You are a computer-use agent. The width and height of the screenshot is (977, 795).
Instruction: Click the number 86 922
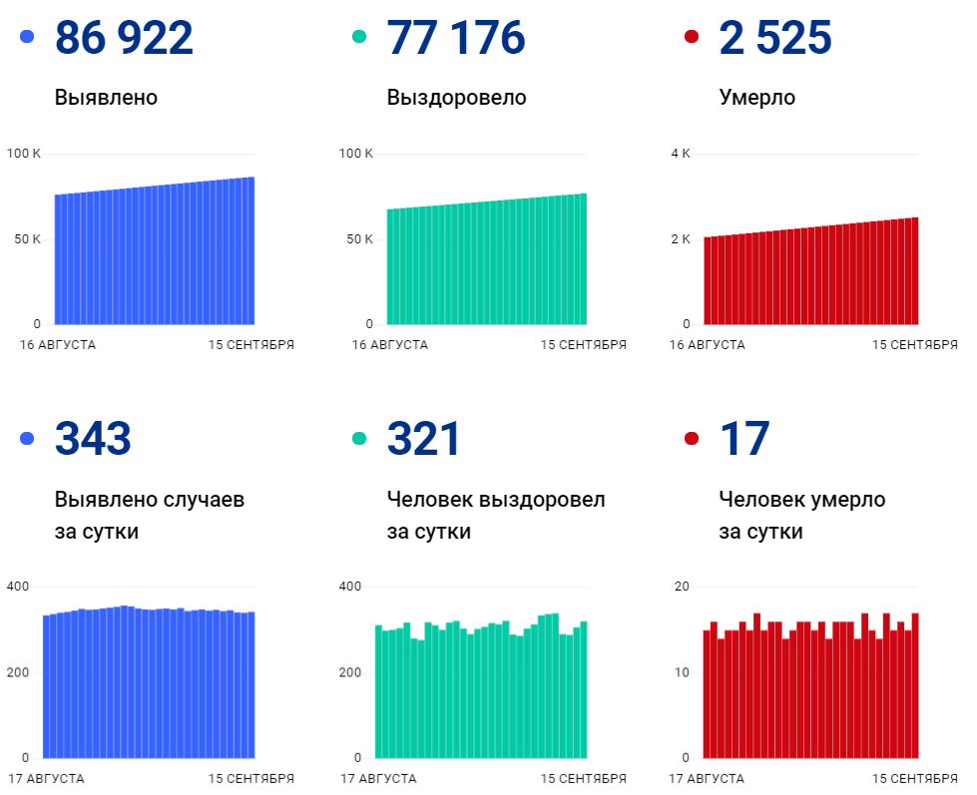(124, 38)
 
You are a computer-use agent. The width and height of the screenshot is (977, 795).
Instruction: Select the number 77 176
(455, 38)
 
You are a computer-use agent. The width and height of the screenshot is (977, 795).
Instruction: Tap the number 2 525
(774, 38)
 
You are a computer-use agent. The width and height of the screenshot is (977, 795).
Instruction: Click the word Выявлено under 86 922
(106, 98)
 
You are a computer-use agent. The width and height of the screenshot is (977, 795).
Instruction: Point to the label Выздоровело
(456, 98)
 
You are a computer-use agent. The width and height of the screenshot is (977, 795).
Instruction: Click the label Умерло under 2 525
(756, 98)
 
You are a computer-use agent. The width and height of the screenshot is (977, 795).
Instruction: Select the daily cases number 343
(93, 439)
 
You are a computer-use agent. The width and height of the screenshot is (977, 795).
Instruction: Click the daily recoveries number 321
(423, 439)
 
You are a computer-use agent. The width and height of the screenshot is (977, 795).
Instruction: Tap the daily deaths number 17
(744, 439)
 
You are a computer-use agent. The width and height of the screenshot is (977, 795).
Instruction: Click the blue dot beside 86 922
(27, 37)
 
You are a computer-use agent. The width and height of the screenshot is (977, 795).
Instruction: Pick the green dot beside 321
(359, 439)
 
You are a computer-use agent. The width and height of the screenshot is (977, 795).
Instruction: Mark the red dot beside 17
(692, 439)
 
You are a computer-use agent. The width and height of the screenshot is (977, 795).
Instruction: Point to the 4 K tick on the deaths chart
(680, 154)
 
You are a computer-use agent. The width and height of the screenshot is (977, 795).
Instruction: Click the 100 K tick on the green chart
(355, 154)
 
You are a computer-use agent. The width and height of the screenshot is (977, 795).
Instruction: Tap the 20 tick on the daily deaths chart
(683, 587)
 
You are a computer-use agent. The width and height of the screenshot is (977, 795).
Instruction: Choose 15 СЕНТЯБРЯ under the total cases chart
(250, 345)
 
